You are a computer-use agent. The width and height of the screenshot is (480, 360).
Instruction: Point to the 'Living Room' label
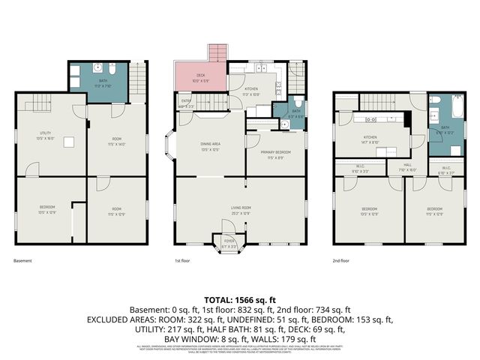pos(240,208)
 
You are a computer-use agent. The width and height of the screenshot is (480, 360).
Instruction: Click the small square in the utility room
pos(67,142)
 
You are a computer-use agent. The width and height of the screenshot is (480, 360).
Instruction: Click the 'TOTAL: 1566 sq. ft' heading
pos(239,299)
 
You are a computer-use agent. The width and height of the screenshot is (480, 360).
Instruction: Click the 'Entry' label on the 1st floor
pos(186,103)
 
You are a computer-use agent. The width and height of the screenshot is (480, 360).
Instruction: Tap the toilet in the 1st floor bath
pos(298,103)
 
